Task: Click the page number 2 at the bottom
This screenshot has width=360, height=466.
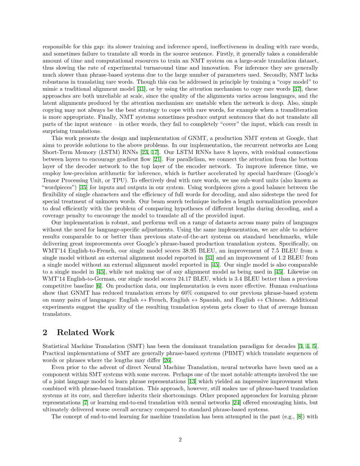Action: pos(180,439)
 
